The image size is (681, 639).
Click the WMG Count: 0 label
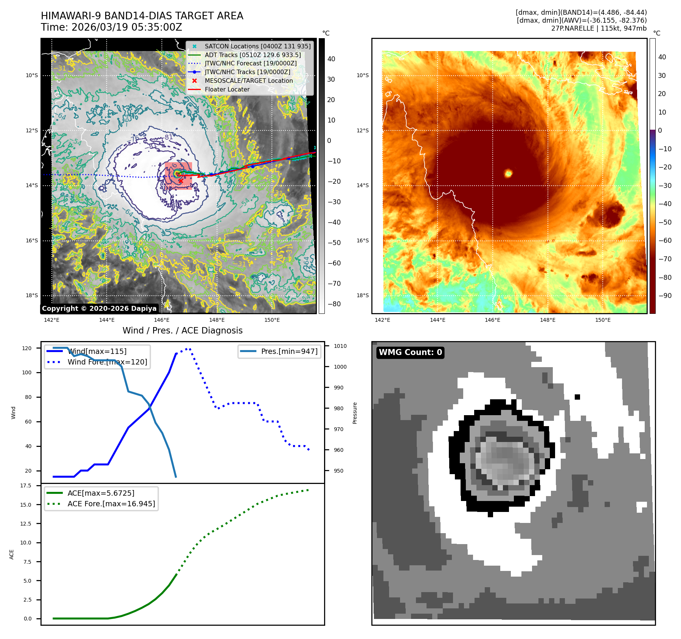pos(410,352)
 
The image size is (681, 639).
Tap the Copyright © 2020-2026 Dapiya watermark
pos(99,309)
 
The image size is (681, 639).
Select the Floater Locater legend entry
pos(227,89)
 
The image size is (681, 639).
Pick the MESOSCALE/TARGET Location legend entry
pos(248,81)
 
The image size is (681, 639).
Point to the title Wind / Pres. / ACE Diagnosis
pos(182,330)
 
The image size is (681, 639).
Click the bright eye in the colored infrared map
pos(508,174)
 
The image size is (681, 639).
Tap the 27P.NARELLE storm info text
pos(599,28)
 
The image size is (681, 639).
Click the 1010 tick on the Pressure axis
pos(340,346)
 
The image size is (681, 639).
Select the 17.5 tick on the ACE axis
pos(26,485)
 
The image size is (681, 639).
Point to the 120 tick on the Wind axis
pos(27,348)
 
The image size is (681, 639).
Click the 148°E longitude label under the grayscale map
pos(217,320)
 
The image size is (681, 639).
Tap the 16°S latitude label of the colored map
pos(363,240)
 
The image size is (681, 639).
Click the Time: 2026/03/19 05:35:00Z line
pos(112,28)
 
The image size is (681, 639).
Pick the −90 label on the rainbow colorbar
pos(665,296)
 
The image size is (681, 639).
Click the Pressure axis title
pos(355,413)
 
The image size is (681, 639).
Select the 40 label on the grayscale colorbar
pos(331,59)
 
